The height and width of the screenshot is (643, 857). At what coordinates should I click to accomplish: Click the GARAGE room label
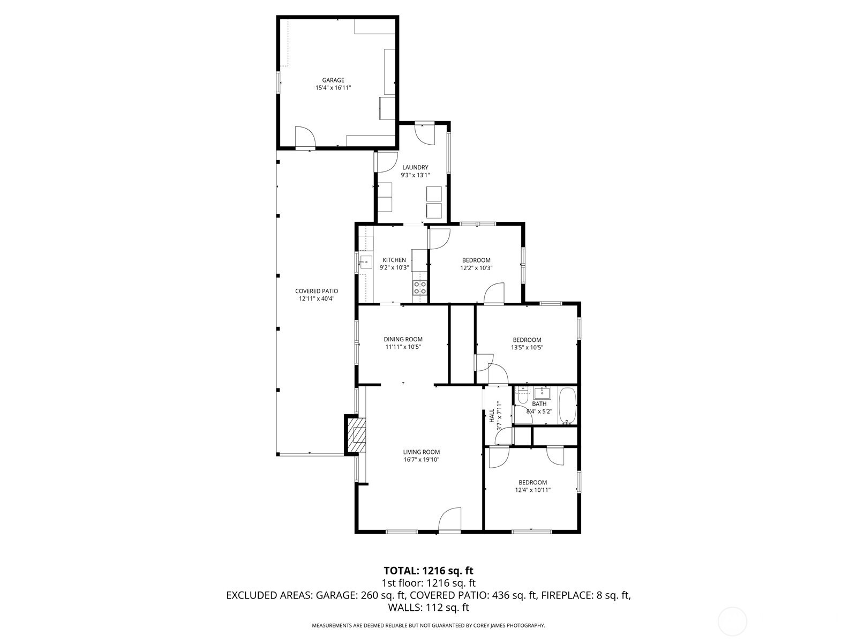pyautogui.click(x=333, y=80)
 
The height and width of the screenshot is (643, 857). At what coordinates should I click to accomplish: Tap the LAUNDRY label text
pyautogui.click(x=415, y=168)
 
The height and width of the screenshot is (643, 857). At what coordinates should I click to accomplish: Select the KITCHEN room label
pyautogui.click(x=394, y=260)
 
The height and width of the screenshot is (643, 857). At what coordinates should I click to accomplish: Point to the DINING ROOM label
pyautogui.click(x=403, y=339)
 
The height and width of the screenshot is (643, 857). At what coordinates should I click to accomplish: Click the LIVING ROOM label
pyautogui.click(x=422, y=452)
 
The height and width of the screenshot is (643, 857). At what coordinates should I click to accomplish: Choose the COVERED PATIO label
pyautogui.click(x=317, y=291)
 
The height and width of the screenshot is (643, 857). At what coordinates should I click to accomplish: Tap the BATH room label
pyautogui.click(x=539, y=403)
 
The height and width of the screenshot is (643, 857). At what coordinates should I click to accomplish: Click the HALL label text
pyautogui.click(x=492, y=415)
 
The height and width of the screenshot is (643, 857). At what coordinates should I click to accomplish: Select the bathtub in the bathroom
pyautogui.click(x=567, y=406)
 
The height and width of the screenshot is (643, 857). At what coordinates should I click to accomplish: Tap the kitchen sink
pyautogui.click(x=366, y=262)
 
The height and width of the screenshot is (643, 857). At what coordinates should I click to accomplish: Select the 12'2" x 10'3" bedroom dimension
pyautogui.click(x=476, y=268)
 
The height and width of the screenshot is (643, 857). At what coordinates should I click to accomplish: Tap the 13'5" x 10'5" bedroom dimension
pyautogui.click(x=527, y=347)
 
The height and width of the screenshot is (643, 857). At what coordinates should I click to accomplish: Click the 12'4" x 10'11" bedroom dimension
pyautogui.click(x=532, y=490)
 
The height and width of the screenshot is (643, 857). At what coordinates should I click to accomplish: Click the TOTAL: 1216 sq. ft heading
pyautogui.click(x=428, y=571)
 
